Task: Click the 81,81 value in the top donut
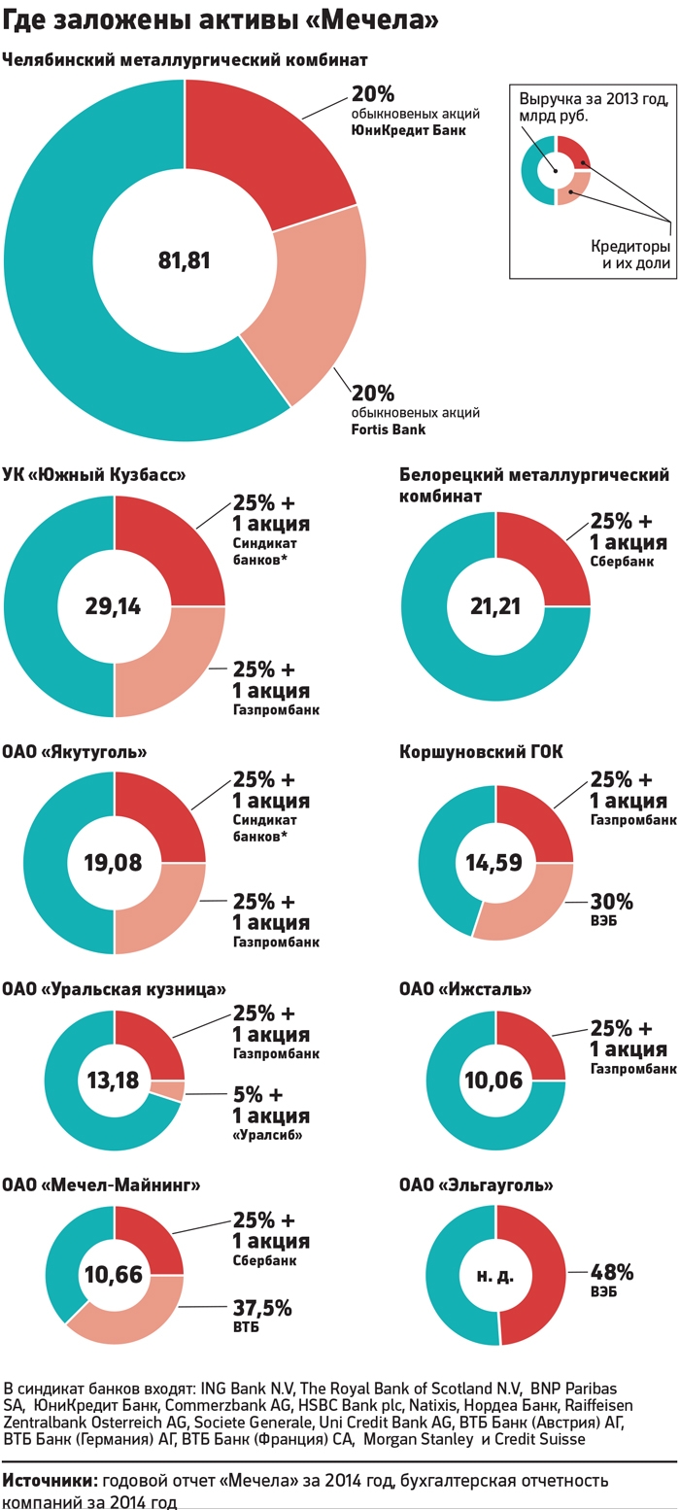184,260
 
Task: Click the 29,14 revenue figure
113,607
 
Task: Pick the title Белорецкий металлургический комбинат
534,485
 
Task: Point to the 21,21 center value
494,607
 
